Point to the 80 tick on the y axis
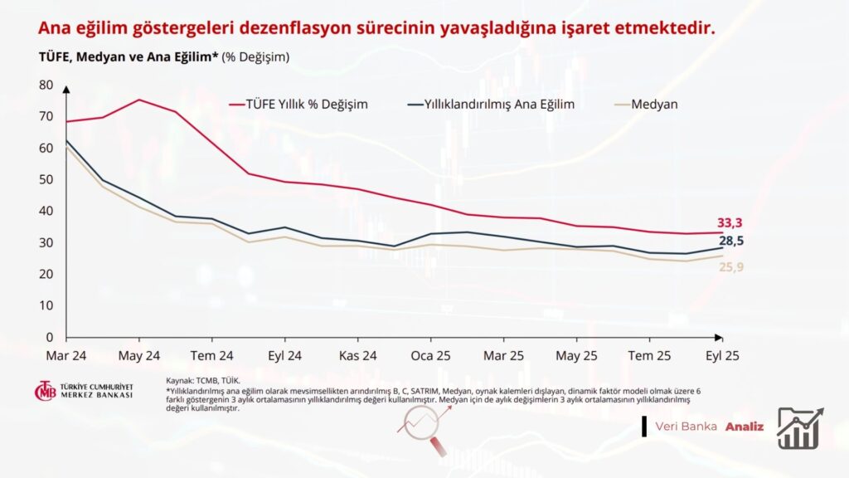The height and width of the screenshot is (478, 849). (x=46, y=85)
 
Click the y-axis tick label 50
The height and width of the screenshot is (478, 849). (x=46, y=179)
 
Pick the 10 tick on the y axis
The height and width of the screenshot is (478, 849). (x=46, y=305)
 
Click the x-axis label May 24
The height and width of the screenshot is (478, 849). (x=138, y=355)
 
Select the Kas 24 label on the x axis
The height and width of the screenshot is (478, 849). (x=357, y=355)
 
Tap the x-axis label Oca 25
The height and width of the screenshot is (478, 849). (x=430, y=355)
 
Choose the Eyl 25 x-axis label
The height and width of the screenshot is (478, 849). (x=721, y=355)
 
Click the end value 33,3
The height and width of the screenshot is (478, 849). (x=730, y=222)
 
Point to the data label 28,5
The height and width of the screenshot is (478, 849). (x=730, y=241)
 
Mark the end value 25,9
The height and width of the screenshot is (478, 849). (x=730, y=267)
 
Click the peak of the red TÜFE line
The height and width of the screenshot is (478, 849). (x=138, y=100)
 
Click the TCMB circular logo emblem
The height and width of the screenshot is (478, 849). (x=45, y=391)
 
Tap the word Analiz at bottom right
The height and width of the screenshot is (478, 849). (x=745, y=427)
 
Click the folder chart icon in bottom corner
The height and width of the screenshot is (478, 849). (x=799, y=428)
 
